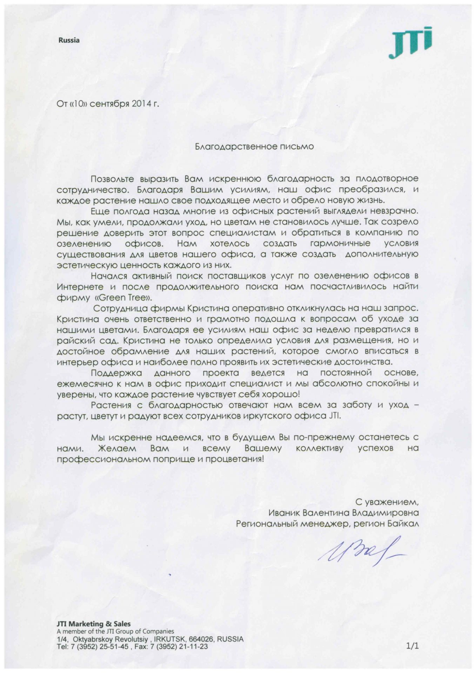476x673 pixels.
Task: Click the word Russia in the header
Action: pyautogui.click(x=69, y=40)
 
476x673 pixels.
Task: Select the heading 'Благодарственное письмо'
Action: pyautogui.click(x=254, y=147)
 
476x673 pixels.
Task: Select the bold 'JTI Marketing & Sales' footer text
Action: pyautogui.click(x=94, y=624)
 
